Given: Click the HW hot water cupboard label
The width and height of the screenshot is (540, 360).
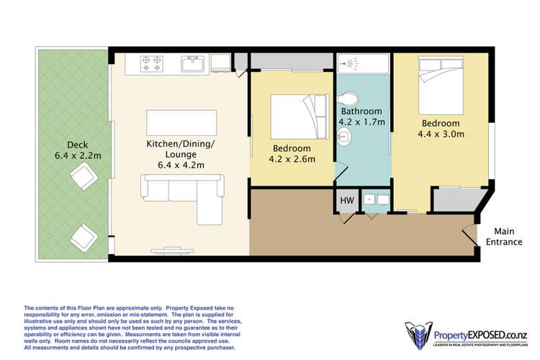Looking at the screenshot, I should (346, 200).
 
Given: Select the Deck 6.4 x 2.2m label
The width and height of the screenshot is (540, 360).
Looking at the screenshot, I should (75, 149).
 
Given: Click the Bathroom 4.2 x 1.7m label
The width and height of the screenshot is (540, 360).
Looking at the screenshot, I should (363, 117).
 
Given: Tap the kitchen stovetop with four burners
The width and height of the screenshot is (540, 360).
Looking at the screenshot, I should (152, 63).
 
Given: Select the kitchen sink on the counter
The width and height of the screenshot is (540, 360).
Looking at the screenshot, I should (193, 65).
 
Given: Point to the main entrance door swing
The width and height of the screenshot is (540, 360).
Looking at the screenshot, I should (469, 235).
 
